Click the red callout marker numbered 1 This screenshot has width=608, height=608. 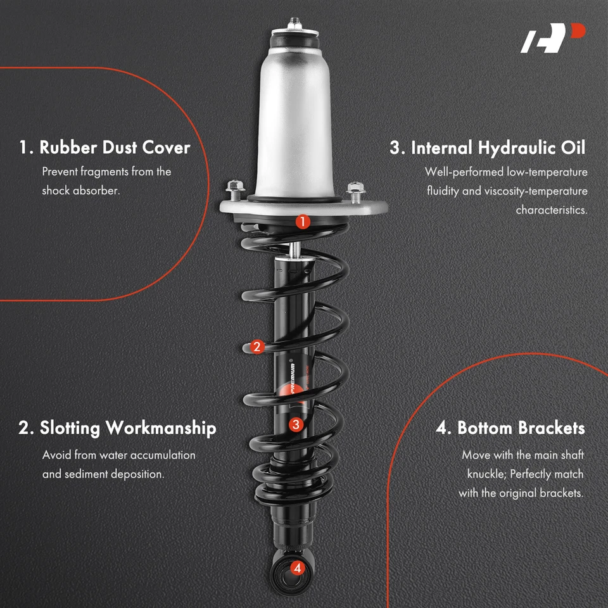point(303,221)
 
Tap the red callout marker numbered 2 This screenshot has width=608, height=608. point(256,346)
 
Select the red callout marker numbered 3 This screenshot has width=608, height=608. point(296,424)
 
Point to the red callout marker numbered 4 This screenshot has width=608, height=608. point(298,568)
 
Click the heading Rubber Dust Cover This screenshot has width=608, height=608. point(104,148)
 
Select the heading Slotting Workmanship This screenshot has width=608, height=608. point(117,428)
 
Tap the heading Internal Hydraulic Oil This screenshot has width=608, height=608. point(487,148)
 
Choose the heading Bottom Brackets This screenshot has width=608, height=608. point(510,428)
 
